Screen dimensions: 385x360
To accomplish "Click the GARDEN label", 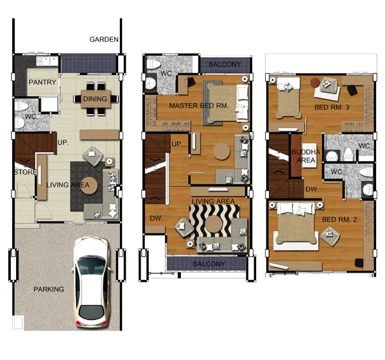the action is tap(104, 39).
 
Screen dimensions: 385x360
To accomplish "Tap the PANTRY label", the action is tap(42, 82).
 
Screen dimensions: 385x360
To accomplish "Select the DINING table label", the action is tap(95, 99).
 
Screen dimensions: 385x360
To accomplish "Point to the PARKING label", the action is tap(49, 289).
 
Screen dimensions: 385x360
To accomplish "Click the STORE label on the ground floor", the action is tap(25, 172).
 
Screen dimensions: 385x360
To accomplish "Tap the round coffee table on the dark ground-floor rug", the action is tap(89, 185).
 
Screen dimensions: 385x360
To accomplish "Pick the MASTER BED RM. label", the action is tap(199, 106).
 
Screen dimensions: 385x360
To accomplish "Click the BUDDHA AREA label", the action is tap(305, 156).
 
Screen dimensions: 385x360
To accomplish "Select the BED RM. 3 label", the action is tap(332, 107).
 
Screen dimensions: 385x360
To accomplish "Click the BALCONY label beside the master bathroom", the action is tap(225, 64).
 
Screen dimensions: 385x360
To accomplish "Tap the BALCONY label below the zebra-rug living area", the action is tap(209, 264).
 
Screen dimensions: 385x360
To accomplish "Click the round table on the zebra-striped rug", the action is tap(214, 224).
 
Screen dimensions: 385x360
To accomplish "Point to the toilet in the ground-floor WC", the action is tap(22, 106).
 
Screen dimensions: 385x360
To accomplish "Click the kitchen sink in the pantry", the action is tap(47, 61).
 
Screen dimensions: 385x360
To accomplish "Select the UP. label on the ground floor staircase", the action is tap(63, 142).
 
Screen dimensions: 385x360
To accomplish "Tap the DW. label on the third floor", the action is tap(312, 189).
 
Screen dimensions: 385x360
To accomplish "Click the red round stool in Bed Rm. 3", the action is tap(315, 83).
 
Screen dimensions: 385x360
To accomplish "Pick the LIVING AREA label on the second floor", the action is tap(213, 201).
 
